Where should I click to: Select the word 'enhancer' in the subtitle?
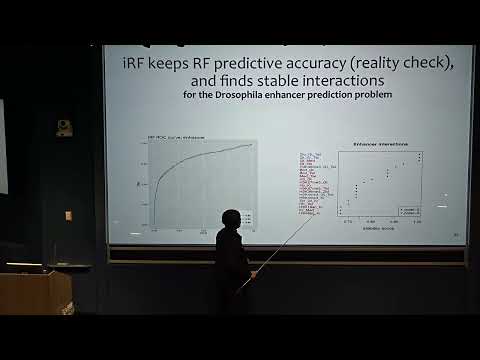coord(300,95)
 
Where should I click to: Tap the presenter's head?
coord(231,220)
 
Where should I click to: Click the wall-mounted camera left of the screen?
coord(64,127)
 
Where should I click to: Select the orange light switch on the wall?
coord(68,215)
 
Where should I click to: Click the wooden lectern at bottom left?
coord(35,292)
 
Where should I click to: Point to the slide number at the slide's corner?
coord(456,235)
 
